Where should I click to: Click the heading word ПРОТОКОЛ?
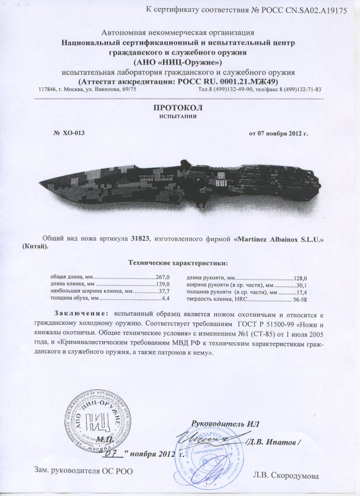[180, 107]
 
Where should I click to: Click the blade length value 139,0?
[161, 284]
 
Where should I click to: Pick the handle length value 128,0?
[299, 278]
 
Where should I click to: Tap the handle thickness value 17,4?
[301, 291]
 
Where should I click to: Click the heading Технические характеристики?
[180, 263]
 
